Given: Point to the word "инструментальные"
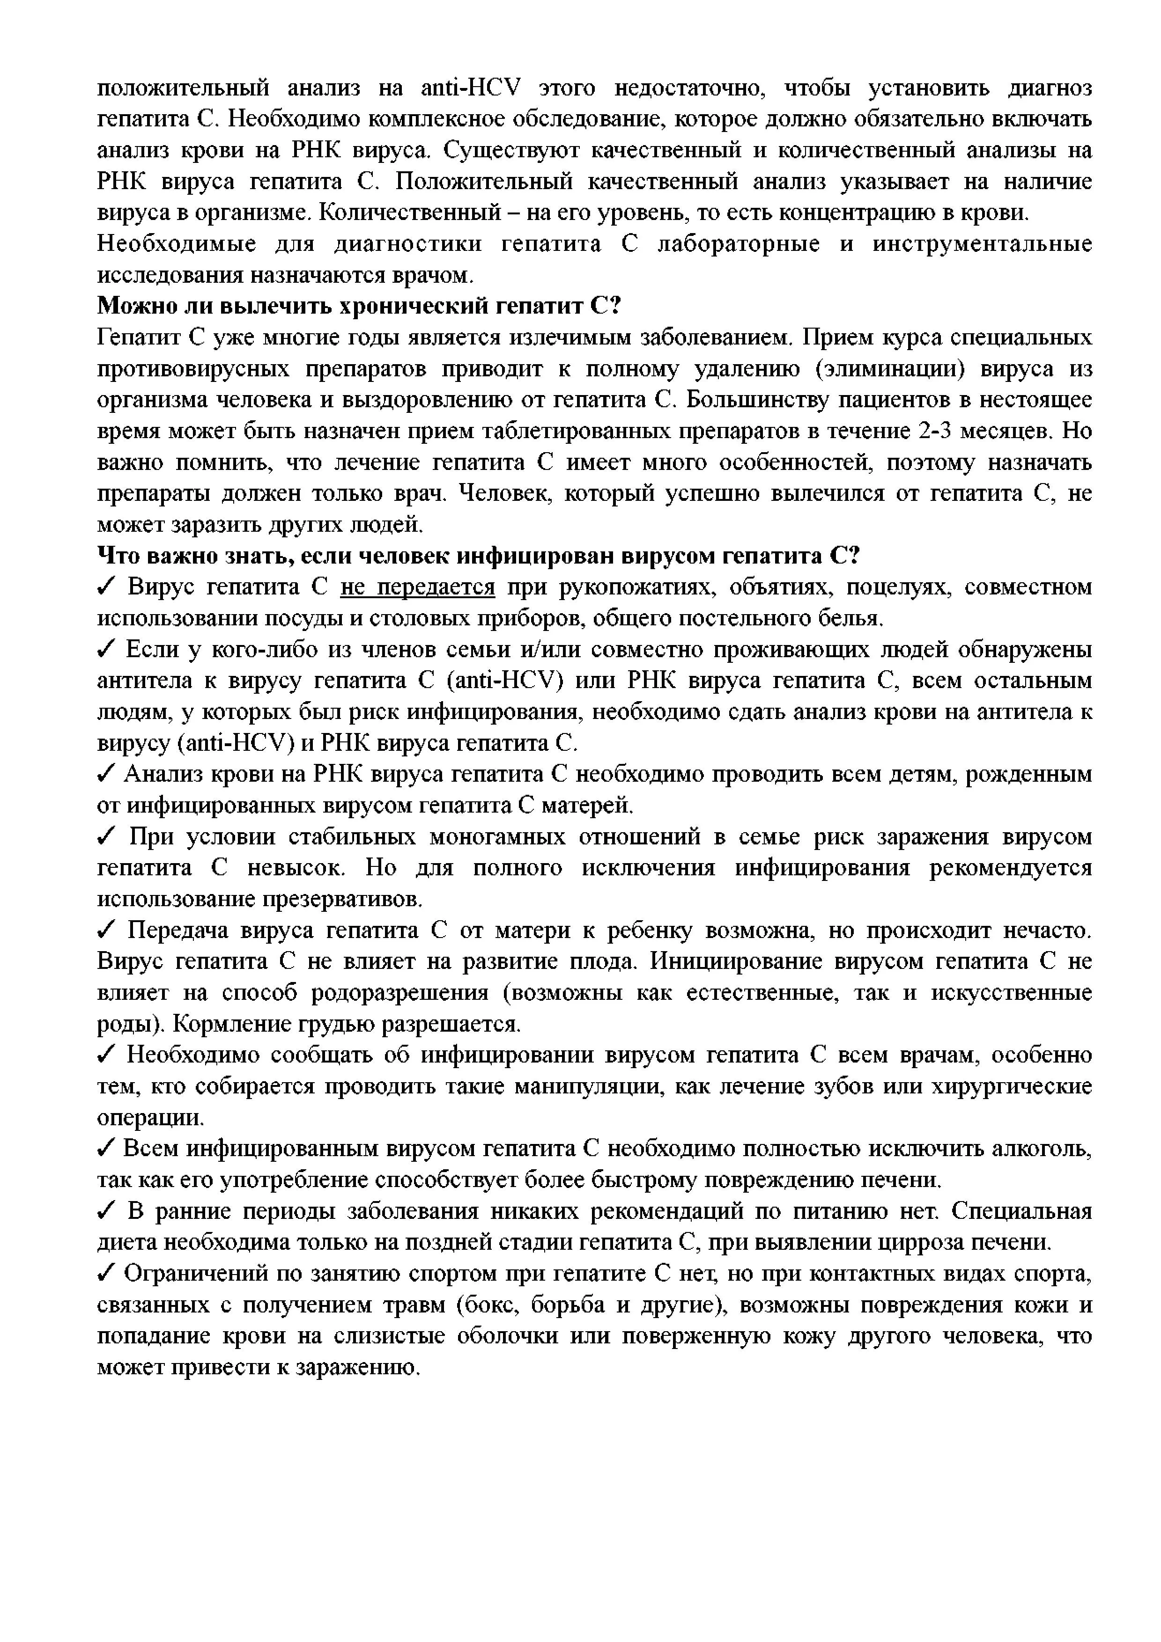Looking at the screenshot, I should point(982,245).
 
